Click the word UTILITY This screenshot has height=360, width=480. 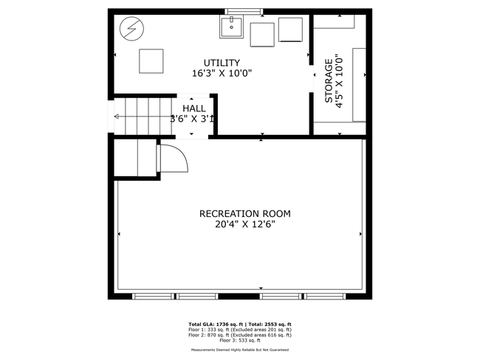[222, 63]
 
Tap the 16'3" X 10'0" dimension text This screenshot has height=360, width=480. [222, 74]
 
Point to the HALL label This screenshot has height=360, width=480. [194, 108]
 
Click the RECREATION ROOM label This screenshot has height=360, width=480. [244, 214]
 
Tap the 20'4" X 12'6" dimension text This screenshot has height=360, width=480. [244, 225]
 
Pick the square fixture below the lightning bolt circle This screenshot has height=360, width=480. [152, 60]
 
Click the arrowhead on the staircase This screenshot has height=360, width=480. [115, 116]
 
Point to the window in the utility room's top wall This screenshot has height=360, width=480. [243, 10]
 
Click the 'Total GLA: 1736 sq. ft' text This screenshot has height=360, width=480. [214, 325]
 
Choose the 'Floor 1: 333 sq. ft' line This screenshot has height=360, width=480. [241, 330]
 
